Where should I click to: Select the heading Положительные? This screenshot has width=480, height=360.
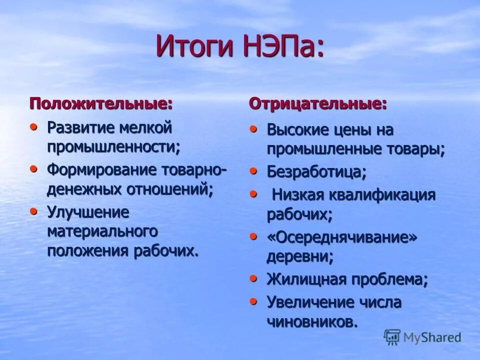(x=101, y=104)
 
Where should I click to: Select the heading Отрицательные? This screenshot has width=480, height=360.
(x=318, y=104)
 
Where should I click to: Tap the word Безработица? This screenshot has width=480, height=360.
(x=316, y=172)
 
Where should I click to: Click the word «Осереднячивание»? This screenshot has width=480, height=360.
(x=341, y=237)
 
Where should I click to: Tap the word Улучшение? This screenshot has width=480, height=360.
(x=88, y=212)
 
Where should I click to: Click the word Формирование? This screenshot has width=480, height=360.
(x=102, y=169)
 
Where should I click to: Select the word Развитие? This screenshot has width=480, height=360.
(x=80, y=127)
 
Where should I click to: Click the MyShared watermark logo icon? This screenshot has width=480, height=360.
(x=392, y=336)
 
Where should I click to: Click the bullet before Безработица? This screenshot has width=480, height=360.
(x=254, y=171)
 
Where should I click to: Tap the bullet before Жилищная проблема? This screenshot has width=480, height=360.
(x=254, y=278)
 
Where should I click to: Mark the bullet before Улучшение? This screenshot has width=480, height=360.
(x=34, y=210)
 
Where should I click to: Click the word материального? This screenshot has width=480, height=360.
(x=102, y=231)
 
